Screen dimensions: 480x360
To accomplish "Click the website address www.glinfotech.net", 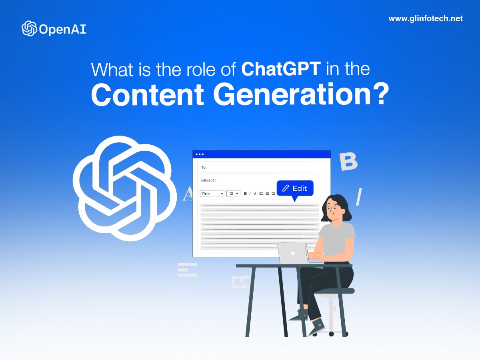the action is (x=426, y=19).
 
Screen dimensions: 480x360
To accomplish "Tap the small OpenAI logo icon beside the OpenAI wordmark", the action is (x=29, y=28).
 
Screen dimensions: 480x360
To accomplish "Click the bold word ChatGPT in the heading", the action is (x=281, y=69).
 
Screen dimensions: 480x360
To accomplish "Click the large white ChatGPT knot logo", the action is (x=125, y=188).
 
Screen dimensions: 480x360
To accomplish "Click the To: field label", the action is (x=204, y=168).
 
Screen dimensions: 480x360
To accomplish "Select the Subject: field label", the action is (x=208, y=180).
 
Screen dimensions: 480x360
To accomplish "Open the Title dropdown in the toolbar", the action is (x=212, y=194).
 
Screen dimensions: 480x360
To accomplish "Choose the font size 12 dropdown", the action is (x=233, y=194).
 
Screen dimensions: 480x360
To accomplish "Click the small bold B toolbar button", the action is (x=245, y=194).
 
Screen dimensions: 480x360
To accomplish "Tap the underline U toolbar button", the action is (x=254, y=194).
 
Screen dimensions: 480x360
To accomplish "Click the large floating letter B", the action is (x=348, y=162).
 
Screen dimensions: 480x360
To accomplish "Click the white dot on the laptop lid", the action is (x=293, y=253).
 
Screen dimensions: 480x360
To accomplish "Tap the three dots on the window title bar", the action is (x=200, y=154).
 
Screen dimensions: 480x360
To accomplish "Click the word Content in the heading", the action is (x=147, y=95).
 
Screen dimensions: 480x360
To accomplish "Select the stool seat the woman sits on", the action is (x=334, y=291).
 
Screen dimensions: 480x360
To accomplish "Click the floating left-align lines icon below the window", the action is (x=188, y=270).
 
